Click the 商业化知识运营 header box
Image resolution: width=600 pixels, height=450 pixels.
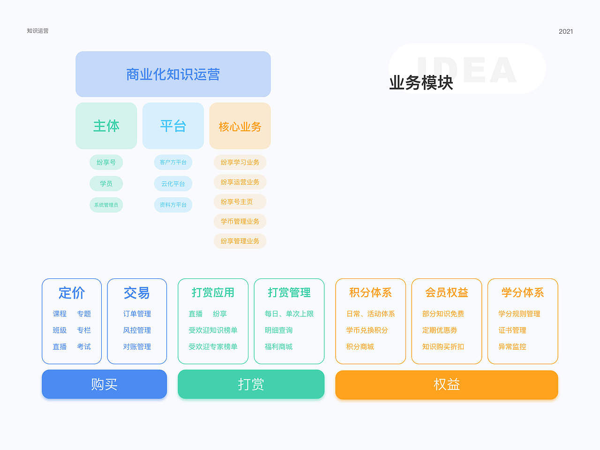point(173,74)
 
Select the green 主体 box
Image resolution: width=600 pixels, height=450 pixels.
point(106,126)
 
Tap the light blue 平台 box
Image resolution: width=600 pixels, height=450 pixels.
point(173,126)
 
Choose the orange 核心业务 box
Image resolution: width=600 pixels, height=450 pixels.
point(240,126)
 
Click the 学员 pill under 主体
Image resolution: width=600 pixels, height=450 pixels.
point(106,184)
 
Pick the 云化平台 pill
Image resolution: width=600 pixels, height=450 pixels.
point(173,184)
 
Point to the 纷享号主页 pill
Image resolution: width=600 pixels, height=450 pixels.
point(239,202)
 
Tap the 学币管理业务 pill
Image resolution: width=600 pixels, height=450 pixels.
point(240,221)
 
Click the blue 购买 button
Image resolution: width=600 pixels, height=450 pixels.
point(104,384)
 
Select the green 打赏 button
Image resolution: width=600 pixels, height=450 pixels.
point(251,384)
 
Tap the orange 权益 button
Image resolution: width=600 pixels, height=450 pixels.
point(446,384)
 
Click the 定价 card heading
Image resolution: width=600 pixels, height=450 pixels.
point(72,293)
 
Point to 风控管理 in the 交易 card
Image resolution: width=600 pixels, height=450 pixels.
point(137,330)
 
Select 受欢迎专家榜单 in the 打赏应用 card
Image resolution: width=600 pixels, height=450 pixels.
point(213,346)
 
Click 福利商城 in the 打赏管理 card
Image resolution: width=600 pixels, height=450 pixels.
point(278,346)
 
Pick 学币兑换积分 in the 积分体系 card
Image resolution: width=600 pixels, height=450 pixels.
point(367,330)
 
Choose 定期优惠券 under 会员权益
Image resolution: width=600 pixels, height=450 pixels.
point(439,330)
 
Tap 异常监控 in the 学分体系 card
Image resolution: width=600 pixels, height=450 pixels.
point(512,346)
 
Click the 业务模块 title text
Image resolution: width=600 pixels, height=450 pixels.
point(421,82)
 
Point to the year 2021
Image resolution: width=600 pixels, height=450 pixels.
point(566,31)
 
